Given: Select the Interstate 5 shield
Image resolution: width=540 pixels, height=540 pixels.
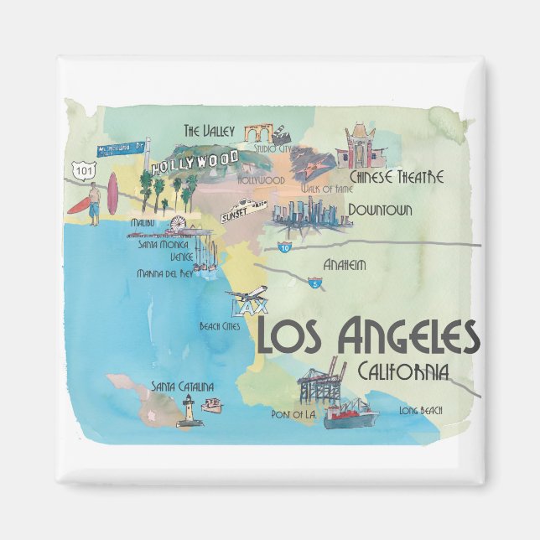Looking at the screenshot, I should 315,283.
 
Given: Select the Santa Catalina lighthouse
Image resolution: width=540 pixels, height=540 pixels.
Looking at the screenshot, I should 189,411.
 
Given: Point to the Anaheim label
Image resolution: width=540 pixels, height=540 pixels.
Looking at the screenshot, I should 345,265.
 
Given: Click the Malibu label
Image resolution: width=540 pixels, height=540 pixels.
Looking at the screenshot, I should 143,224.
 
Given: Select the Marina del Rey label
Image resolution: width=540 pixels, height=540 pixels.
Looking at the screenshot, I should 164,273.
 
